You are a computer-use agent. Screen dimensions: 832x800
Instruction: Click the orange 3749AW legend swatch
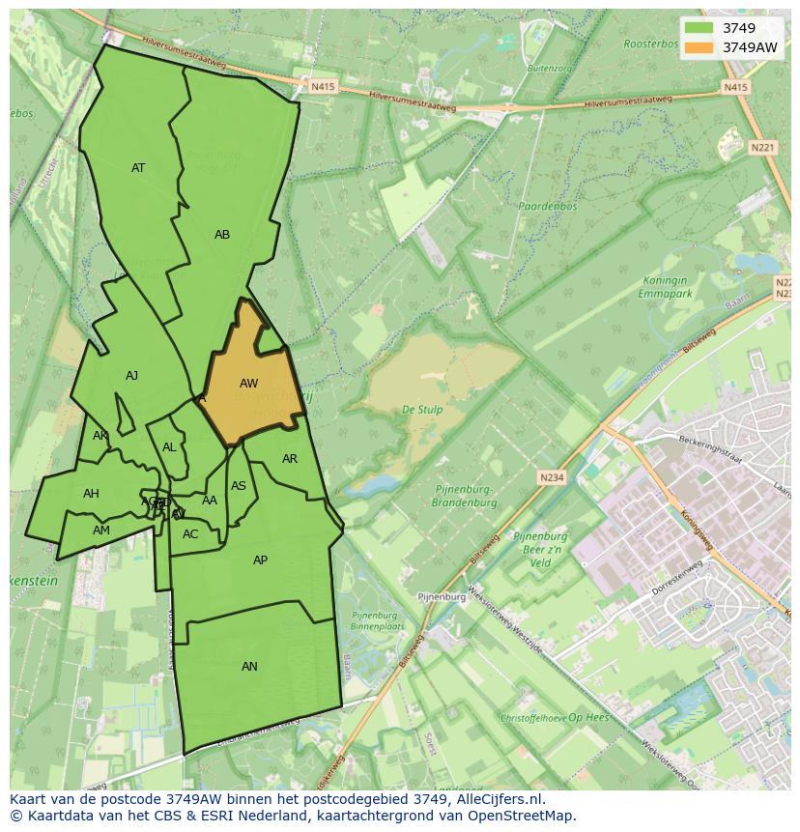[700, 47]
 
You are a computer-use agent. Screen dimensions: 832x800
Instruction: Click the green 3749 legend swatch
[700, 28]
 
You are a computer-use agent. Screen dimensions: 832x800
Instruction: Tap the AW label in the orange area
[248, 384]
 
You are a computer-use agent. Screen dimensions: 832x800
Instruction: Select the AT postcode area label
[138, 168]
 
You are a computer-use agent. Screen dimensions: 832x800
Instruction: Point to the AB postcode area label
[222, 235]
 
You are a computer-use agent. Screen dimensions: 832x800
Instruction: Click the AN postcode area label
[249, 667]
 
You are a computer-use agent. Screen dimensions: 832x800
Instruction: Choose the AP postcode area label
[260, 560]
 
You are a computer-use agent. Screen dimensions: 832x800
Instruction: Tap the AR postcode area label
[290, 459]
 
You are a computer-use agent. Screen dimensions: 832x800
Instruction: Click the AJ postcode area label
[131, 376]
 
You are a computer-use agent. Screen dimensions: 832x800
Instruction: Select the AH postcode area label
[91, 494]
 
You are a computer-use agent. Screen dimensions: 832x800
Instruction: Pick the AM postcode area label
[101, 531]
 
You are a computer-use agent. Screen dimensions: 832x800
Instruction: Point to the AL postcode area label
[169, 447]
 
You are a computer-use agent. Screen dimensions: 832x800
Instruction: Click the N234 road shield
[551, 477]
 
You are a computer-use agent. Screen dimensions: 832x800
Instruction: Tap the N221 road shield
[762, 148]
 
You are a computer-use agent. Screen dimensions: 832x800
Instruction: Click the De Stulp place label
[422, 410]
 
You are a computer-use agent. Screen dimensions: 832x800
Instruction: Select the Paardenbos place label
[547, 207]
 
